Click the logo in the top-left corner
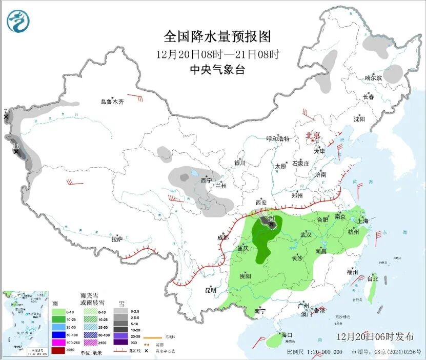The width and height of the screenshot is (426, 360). point(18,21)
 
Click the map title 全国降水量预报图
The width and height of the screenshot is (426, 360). point(217,36)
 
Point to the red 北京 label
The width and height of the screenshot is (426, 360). point(313,135)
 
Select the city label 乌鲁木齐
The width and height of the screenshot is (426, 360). point(112,102)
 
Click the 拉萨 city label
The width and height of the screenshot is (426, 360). point(117,238)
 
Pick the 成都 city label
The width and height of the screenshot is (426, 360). point(222,237)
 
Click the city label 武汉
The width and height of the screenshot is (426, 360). point(306,234)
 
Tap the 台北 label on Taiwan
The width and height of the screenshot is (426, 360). point(372,279)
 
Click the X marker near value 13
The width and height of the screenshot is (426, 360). point(16,152)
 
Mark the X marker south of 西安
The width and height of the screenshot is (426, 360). point(271,224)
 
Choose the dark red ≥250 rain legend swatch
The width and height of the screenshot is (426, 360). point(58,350)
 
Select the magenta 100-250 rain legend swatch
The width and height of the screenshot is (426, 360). point(58,342)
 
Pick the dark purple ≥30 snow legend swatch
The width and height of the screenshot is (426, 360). point(120,342)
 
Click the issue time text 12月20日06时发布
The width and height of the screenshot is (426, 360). point(375,337)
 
